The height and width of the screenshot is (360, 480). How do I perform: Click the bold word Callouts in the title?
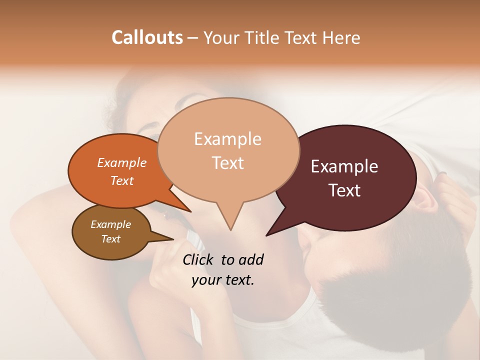(147, 37)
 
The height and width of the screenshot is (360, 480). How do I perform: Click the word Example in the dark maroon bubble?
(344, 166)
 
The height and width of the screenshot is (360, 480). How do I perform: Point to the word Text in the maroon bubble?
(344, 190)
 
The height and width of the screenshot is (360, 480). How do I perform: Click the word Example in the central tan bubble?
(227, 139)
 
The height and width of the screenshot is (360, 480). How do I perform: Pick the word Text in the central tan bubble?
(227, 163)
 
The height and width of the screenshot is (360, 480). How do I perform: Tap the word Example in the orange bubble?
(122, 162)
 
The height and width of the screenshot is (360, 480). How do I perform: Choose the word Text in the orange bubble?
(122, 180)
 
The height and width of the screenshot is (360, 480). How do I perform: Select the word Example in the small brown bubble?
(111, 224)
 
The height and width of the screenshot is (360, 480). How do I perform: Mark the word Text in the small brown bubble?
(111, 239)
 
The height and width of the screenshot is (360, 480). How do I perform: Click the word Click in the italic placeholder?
(199, 259)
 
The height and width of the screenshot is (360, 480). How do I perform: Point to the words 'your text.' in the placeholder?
(223, 280)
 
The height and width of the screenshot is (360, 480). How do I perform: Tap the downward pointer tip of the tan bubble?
(230, 229)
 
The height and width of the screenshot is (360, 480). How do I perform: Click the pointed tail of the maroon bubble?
(268, 234)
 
